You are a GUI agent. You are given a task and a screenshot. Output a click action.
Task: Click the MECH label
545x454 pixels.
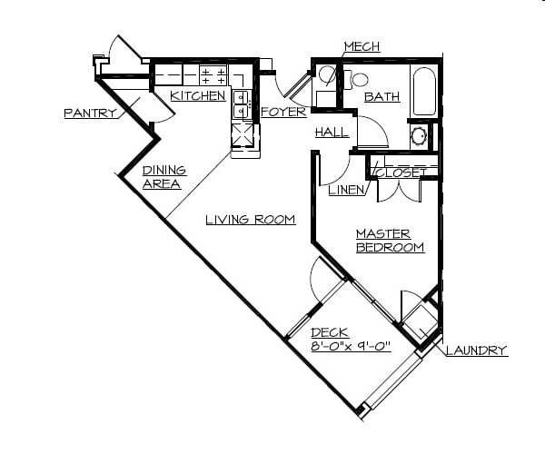362,47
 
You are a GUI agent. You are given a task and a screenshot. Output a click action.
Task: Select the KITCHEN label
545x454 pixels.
198,95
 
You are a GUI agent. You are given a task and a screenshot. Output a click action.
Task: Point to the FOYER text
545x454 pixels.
283,112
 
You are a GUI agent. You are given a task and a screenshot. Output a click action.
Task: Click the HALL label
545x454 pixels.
332,133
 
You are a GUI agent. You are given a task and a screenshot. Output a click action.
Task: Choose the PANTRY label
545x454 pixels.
91,113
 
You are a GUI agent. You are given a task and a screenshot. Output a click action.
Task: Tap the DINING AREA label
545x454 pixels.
164,177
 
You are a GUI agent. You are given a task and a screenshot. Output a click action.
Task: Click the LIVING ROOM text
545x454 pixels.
251,219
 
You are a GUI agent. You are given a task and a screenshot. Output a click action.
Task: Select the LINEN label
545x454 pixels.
347,190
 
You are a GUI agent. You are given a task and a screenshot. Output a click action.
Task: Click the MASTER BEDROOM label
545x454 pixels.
390,241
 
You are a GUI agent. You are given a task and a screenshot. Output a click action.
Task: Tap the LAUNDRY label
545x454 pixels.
476,350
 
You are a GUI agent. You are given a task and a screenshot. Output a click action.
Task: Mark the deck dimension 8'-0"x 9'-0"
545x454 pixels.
351,346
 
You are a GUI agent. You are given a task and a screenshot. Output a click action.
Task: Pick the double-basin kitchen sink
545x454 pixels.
242,104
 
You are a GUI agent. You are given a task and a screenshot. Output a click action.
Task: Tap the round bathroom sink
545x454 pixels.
419,137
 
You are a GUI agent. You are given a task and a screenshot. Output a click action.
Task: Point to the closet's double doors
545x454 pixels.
400,188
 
